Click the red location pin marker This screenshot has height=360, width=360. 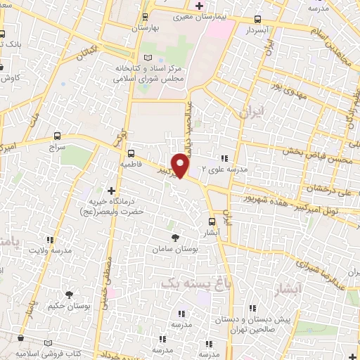coord(181,165)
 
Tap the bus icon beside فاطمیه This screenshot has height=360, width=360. coord(131,152)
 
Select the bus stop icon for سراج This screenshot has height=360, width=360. coord(57,136)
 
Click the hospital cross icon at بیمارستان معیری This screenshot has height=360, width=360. coord(200,6)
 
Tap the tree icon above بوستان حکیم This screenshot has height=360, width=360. coord(69,295)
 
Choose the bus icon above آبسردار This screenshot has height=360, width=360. coord(257,20)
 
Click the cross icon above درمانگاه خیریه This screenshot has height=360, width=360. coord(110,190)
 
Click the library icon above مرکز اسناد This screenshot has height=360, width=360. coord(146,58)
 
